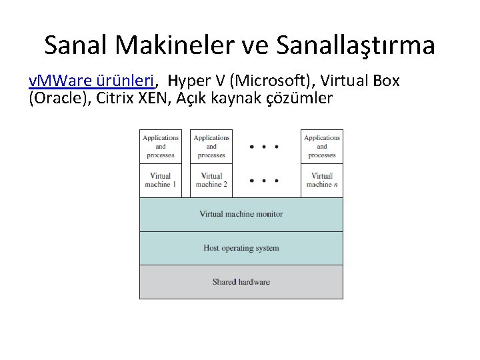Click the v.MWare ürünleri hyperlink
[x=93, y=81]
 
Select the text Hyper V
[x=194, y=81]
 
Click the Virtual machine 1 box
[x=161, y=180]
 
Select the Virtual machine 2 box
[x=211, y=180]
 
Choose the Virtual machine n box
[x=322, y=180]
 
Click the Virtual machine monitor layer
[x=241, y=214]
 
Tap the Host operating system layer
[x=241, y=248]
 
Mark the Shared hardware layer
[x=241, y=282]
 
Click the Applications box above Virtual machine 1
[x=161, y=146]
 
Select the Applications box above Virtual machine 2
[x=211, y=146]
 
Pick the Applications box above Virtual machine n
[x=322, y=146]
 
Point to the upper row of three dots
[x=263, y=147]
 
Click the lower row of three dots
[x=263, y=180]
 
